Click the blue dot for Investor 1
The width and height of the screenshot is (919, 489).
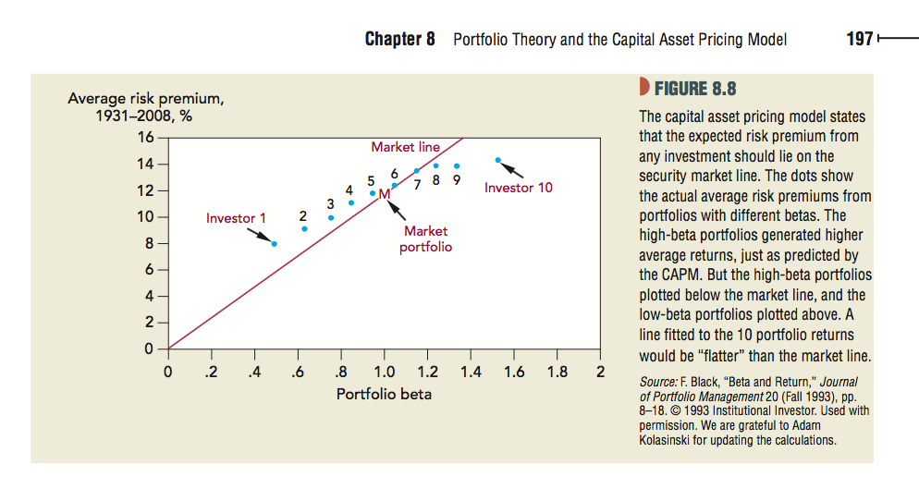click(x=275, y=243)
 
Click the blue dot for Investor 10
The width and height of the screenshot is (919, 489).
click(x=497, y=160)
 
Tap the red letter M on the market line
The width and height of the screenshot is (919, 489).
click(x=384, y=193)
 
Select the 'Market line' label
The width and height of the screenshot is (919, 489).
click(x=405, y=147)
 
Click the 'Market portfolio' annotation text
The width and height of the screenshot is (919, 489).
click(x=425, y=238)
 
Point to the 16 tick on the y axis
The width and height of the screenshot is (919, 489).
click(x=145, y=139)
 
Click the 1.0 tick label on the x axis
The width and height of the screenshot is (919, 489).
click(x=384, y=373)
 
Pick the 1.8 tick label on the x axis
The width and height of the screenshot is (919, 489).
click(x=557, y=373)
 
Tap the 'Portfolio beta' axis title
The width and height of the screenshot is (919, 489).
click(x=384, y=394)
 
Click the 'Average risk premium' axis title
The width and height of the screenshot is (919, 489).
click(x=146, y=99)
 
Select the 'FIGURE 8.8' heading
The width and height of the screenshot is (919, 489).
click(x=695, y=90)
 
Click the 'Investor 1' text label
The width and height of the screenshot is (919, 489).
click(x=236, y=218)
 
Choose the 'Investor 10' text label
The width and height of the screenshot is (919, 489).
click(x=519, y=188)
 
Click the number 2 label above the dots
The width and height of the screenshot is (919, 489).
click(x=303, y=215)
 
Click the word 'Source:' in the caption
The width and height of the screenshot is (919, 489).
click(x=658, y=382)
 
